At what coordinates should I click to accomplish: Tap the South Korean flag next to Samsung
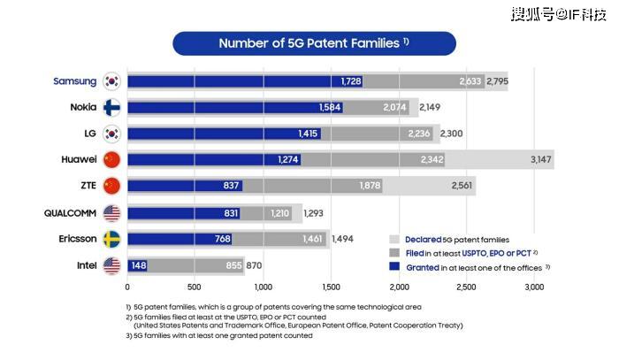pyautogui.click(x=112, y=81)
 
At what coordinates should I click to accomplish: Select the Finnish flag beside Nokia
pyautogui.click(x=112, y=108)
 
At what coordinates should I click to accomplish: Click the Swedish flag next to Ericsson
pyautogui.click(x=112, y=239)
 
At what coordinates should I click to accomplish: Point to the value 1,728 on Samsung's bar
pyautogui.click(x=352, y=81)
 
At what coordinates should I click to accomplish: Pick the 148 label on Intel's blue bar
pyautogui.click(x=138, y=265)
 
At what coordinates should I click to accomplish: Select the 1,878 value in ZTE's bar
pyautogui.click(x=371, y=187)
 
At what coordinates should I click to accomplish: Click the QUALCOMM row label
pyautogui.click(x=70, y=213)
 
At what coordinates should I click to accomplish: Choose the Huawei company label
pyautogui.click(x=79, y=160)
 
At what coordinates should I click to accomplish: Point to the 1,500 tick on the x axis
pyautogui.click(x=331, y=287)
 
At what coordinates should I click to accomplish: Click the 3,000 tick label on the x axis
pyautogui.click(x=533, y=287)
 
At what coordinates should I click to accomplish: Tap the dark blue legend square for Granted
pyautogui.click(x=395, y=267)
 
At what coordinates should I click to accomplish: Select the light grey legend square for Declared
pyautogui.click(x=395, y=239)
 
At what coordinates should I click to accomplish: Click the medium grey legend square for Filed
pyautogui.click(x=395, y=253)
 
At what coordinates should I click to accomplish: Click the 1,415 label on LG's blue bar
pyautogui.click(x=309, y=134)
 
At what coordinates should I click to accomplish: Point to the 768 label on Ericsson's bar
pyautogui.click(x=223, y=239)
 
